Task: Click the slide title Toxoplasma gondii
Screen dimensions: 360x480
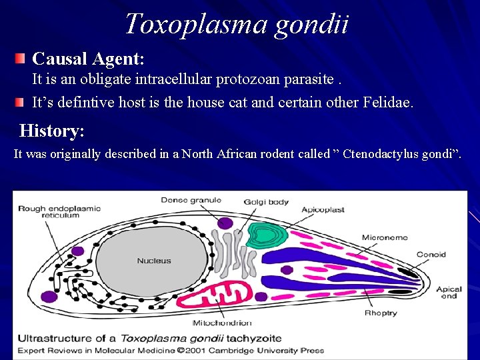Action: (x=236, y=24)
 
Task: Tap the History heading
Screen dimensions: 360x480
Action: (x=52, y=130)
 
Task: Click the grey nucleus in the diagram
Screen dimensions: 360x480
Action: (x=154, y=261)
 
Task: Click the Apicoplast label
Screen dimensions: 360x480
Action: (x=322, y=209)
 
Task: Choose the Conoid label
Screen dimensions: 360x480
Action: (x=431, y=255)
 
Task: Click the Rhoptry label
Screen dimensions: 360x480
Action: (x=380, y=313)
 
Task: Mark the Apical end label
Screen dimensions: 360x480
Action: (x=448, y=292)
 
